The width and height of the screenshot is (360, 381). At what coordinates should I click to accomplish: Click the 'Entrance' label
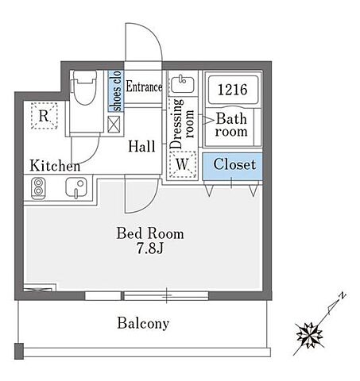pos(144,87)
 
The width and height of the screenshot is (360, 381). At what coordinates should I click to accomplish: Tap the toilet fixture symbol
pos(84,87)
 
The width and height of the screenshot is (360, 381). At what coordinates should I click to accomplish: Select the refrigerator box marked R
pos(44,116)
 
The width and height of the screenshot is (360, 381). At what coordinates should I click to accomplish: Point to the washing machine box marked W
pos(183,164)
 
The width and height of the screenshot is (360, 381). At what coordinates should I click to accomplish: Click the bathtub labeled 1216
pos(233,90)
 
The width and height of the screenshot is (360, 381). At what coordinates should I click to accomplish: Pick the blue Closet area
pos(232,167)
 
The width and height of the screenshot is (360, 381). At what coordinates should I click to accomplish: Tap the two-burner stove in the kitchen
pos(38,188)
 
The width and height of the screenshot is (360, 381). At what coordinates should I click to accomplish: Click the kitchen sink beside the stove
pos(76,187)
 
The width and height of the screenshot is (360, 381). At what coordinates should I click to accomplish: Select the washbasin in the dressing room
pos(182,84)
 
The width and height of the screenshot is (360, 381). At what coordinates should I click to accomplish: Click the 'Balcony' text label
pos(143,323)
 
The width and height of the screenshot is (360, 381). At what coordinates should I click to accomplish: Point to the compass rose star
pos(309,335)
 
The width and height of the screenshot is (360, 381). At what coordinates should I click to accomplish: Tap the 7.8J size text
pos(150,248)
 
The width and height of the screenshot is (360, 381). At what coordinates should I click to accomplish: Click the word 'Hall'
pos(141,147)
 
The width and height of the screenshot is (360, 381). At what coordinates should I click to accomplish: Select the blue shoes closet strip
pos(116,90)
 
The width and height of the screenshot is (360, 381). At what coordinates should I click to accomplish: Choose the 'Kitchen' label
pos(55,166)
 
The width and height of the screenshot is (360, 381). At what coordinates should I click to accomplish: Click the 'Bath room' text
pos(231,125)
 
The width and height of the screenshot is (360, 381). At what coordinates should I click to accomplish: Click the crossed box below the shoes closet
pos(114,125)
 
